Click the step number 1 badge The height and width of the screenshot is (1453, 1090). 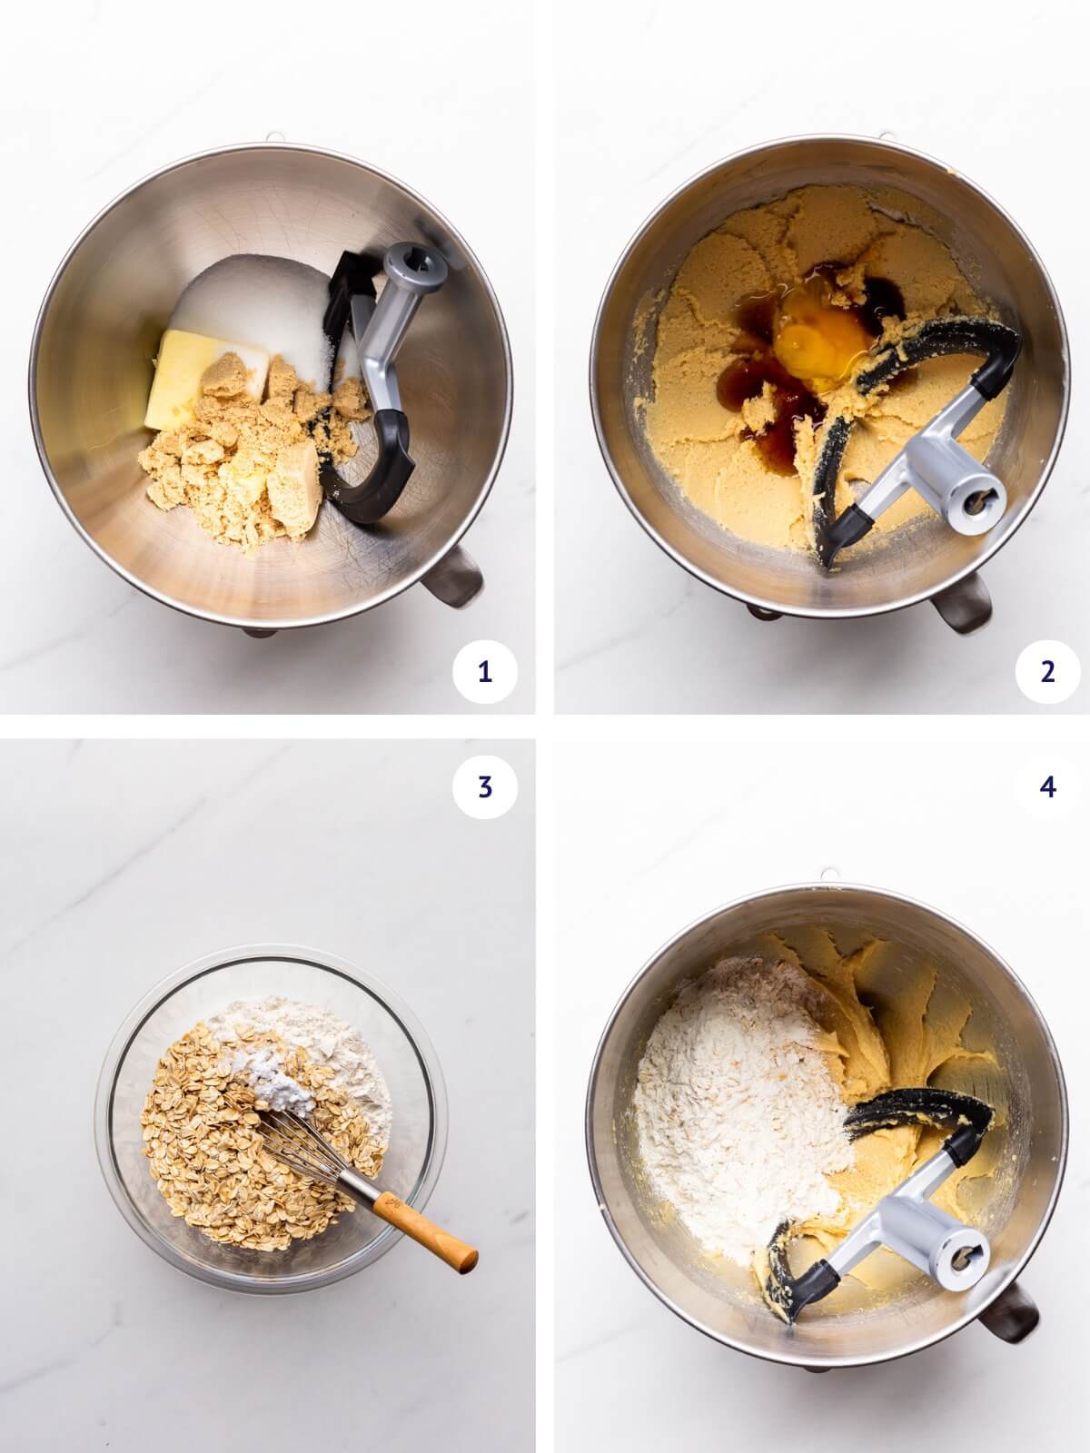(484, 672)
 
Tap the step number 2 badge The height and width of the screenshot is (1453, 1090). (1047, 672)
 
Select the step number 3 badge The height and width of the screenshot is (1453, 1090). (484, 787)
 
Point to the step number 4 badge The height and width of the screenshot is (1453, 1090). (1047, 787)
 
